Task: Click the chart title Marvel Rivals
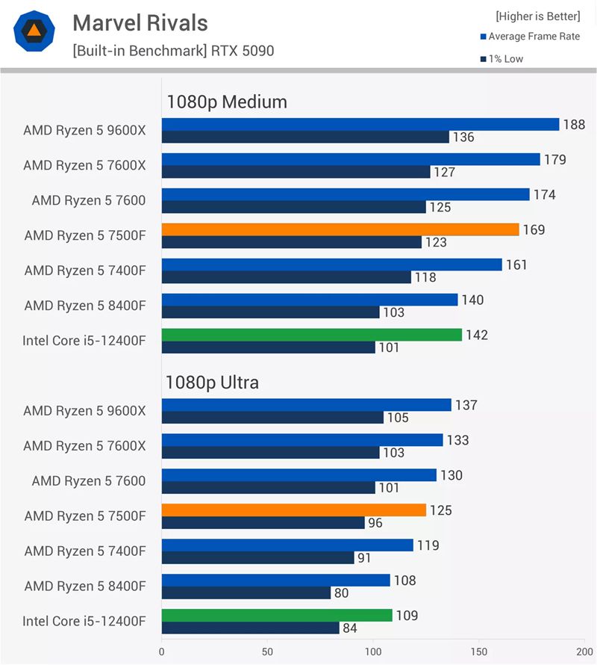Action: tap(140, 23)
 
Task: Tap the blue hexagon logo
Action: tap(34, 31)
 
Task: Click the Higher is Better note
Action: tap(537, 16)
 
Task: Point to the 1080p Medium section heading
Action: tap(226, 102)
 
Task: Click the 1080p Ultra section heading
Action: tap(212, 383)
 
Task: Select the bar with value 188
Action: tap(360, 124)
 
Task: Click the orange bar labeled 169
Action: tap(340, 229)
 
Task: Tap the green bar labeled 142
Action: tap(311, 335)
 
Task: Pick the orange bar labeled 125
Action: tap(293, 510)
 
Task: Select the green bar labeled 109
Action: tap(276, 615)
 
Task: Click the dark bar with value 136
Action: tap(305, 137)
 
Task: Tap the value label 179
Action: tap(554, 159)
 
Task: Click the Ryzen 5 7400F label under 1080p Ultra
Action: tap(85, 551)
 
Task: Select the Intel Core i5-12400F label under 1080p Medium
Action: tap(84, 341)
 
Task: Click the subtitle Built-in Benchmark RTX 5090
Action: tap(173, 52)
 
